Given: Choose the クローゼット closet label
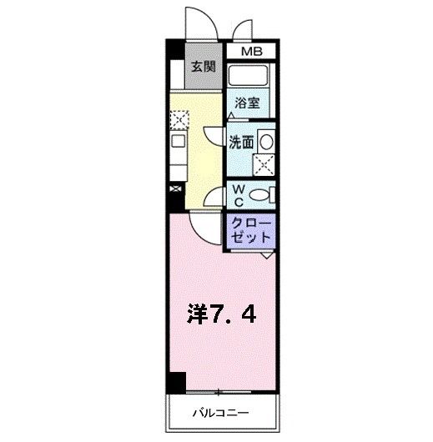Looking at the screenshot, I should click(249, 230).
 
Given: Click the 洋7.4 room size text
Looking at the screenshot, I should click(221, 314).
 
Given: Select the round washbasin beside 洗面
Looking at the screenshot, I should click(264, 140).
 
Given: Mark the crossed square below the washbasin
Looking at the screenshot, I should click(264, 163).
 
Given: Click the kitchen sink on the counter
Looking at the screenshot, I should click(178, 141).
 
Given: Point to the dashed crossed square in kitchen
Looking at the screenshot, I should click(177, 120).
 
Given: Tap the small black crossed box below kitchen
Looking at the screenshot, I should click(174, 189).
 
